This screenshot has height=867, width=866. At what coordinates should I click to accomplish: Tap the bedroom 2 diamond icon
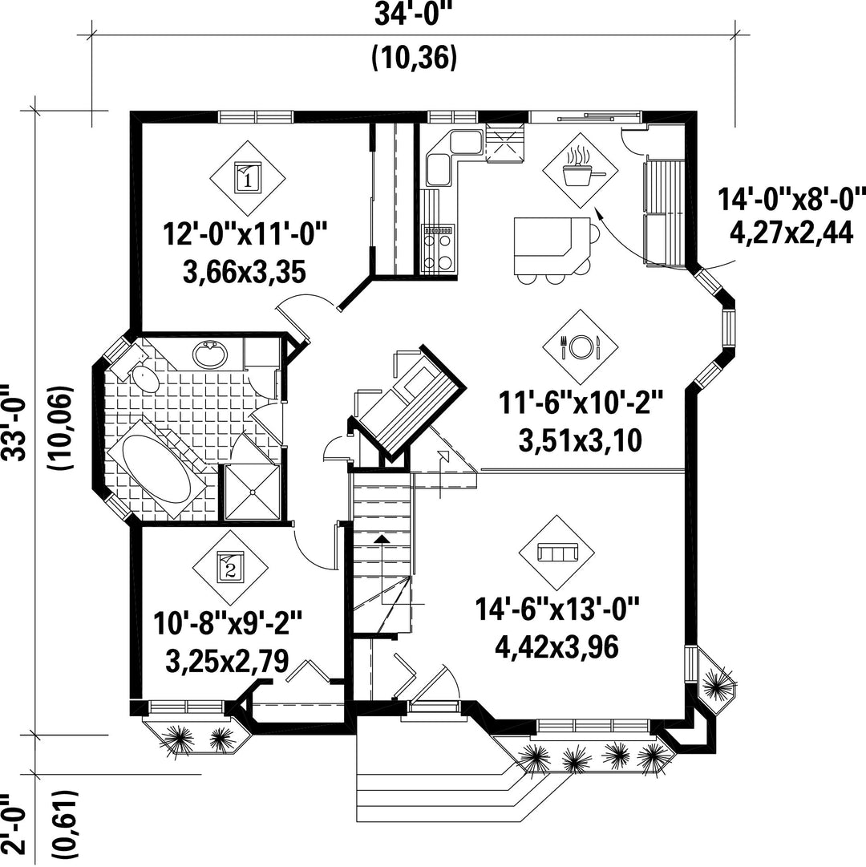click(x=230, y=568)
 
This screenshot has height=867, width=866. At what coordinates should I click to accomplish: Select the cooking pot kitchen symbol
click(x=581, y=170)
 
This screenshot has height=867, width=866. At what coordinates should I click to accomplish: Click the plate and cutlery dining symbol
click(x=581, y=346)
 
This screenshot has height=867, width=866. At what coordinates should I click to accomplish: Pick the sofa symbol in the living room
click(x=557, y=553)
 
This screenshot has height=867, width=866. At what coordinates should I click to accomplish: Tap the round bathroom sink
click(x=210, y=354)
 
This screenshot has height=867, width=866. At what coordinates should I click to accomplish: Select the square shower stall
click(x=253, y=492)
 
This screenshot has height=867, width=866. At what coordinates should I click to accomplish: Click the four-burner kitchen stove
click(x=438, y=249)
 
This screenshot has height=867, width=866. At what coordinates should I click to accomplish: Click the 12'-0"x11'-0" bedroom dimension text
click(x=245, y=234)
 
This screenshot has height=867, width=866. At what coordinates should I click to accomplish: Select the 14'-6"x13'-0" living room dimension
click(x=557, y=610)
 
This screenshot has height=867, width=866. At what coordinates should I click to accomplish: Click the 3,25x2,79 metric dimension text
click(x=227, y=662)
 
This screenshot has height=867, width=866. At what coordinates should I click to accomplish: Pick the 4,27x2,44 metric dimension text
click(x=791, y=233)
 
